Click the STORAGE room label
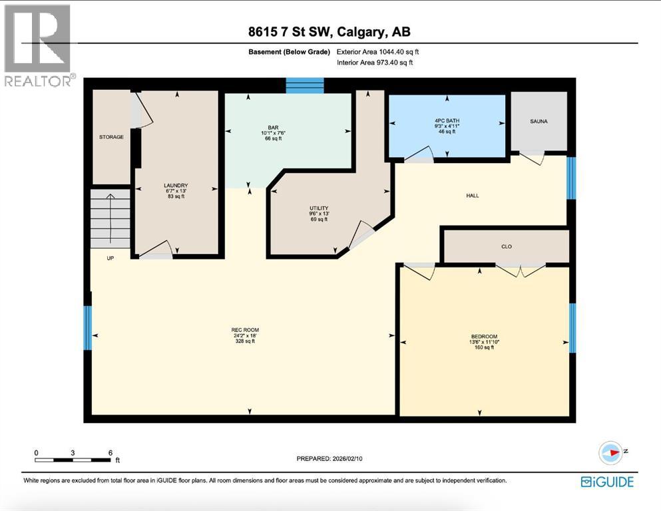click(111, 137)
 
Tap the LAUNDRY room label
click(176, 186)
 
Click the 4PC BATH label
click(445, 120)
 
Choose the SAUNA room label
click(539, 121)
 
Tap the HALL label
click(472, 196)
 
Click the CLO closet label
click(506, 246)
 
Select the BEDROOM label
click(484, 337)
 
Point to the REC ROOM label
click(245, 330)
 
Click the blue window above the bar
click(305, 85)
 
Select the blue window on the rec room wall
click(87, 327)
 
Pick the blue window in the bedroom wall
click(571, 327)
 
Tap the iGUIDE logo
click(606, 482)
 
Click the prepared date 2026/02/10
click(331, 458)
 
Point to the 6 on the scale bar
click(110, 452)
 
